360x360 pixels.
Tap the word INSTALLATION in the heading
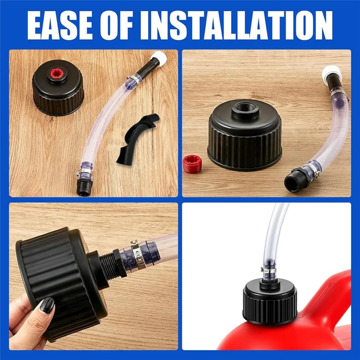click(x=237, y=25)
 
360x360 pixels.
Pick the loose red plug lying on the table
click(x=193, y=164)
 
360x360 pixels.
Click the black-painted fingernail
click(x=47, y=306)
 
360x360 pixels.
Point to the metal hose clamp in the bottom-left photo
click(x=136, y=255)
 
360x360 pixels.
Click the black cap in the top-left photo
click(x=58, y=88)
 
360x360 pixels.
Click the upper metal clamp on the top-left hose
click(x=133, y=80)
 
